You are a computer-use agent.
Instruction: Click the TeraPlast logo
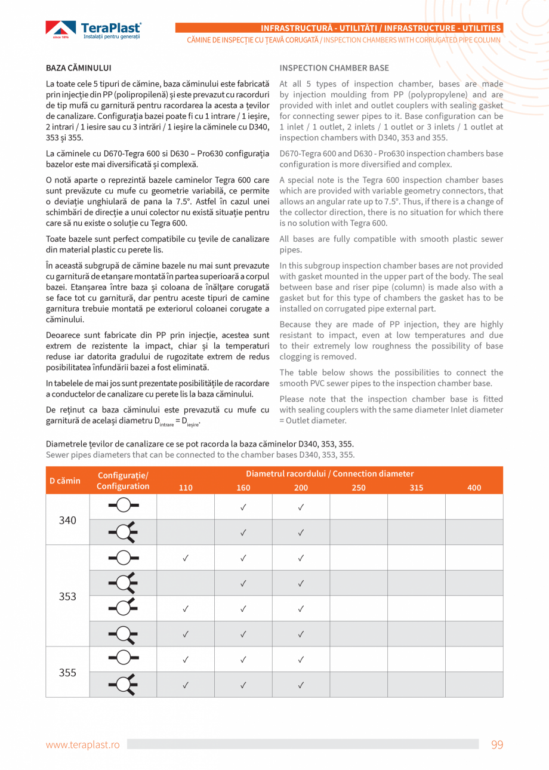click(x=94, y=30)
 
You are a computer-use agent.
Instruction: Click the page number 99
click(x=497, y=744)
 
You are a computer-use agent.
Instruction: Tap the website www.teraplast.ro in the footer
click(x=83, y=744)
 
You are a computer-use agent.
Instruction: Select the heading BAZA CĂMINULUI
click(x=79, y=68)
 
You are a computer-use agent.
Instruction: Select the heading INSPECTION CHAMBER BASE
click(x=334, y=68)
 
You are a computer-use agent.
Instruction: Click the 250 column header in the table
click(x=359, y=488)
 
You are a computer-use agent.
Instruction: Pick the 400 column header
click(x=474, y=488)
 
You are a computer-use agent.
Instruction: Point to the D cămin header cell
click(x=65, y=481)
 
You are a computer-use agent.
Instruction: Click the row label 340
click(x=67, y=520)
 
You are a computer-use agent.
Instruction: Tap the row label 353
click(x=67, y=596)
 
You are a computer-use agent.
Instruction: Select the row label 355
click(x=67, y=673)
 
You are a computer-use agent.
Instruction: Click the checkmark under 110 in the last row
click(x=186, y=685)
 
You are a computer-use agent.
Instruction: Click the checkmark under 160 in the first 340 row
click(x=243, y=507)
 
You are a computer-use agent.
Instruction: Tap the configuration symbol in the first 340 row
click(x=123, y=506)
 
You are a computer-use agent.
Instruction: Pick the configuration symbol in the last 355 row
click(x=123, y=684)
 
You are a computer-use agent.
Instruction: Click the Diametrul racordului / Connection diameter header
click(x=329, y=474)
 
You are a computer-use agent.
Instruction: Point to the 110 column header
click(x=186, y=488)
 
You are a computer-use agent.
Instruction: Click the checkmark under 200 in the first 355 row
click(x=301, y=660)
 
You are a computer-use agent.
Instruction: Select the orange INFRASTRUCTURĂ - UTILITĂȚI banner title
click(x=381, y=28)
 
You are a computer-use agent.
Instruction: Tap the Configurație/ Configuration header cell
click(x=123, y=481)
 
